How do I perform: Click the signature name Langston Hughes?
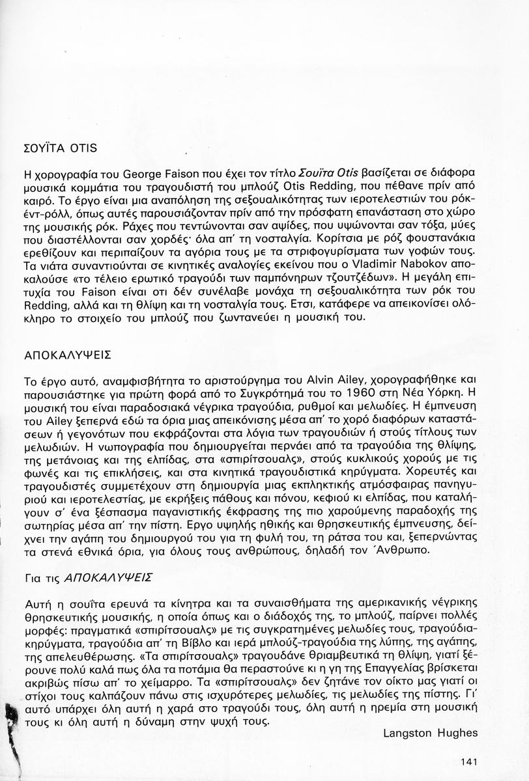[x=430, y=733]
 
